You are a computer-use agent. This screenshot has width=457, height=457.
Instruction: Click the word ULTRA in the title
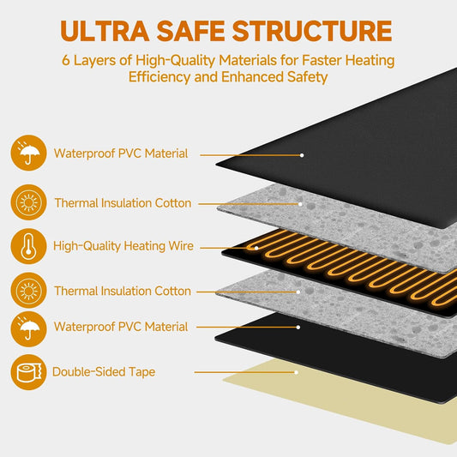pyautogui.click(x=105, y=31)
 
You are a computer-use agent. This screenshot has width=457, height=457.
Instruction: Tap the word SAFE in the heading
pyautogui.click(x=190, y=31)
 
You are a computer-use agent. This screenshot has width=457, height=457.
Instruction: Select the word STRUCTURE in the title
pyautogui.click(x=312, y=31)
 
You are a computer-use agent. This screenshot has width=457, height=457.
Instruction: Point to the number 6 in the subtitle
pyautogui.click(x=66, y=60)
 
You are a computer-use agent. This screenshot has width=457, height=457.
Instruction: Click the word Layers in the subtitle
pyautogui.click(x=94, y=61)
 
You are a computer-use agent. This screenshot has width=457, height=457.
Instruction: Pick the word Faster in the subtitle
pyautogui.click(x=322, y=60)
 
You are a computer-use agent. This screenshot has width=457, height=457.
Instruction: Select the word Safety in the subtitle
pyautogui.click(x=308, y=77)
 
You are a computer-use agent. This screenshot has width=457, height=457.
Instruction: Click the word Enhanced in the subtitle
pyautogui.click(x=252, y=77)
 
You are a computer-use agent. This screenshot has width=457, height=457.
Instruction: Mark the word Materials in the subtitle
pyautogui.click(x=248, y=60)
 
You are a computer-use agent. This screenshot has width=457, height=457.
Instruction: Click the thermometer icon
pyautogui.click(x=28, y=246)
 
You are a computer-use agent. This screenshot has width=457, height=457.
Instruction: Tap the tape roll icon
pyautogui.click(x=28, y=372)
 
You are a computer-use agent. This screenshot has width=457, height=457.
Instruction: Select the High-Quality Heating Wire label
pyautogui.click(x=123, y=246)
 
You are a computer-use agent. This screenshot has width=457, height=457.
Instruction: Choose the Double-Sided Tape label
pyautogui.click(x=104, y=372)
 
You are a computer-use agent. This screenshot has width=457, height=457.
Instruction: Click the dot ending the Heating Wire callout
pyautogui.click(x=256, y=249)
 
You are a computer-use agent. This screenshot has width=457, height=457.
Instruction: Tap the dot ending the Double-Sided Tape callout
pyautogui.click(x=296, y=372)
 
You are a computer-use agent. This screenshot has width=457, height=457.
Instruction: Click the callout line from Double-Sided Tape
pyautogui.click(x=245, y=372)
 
